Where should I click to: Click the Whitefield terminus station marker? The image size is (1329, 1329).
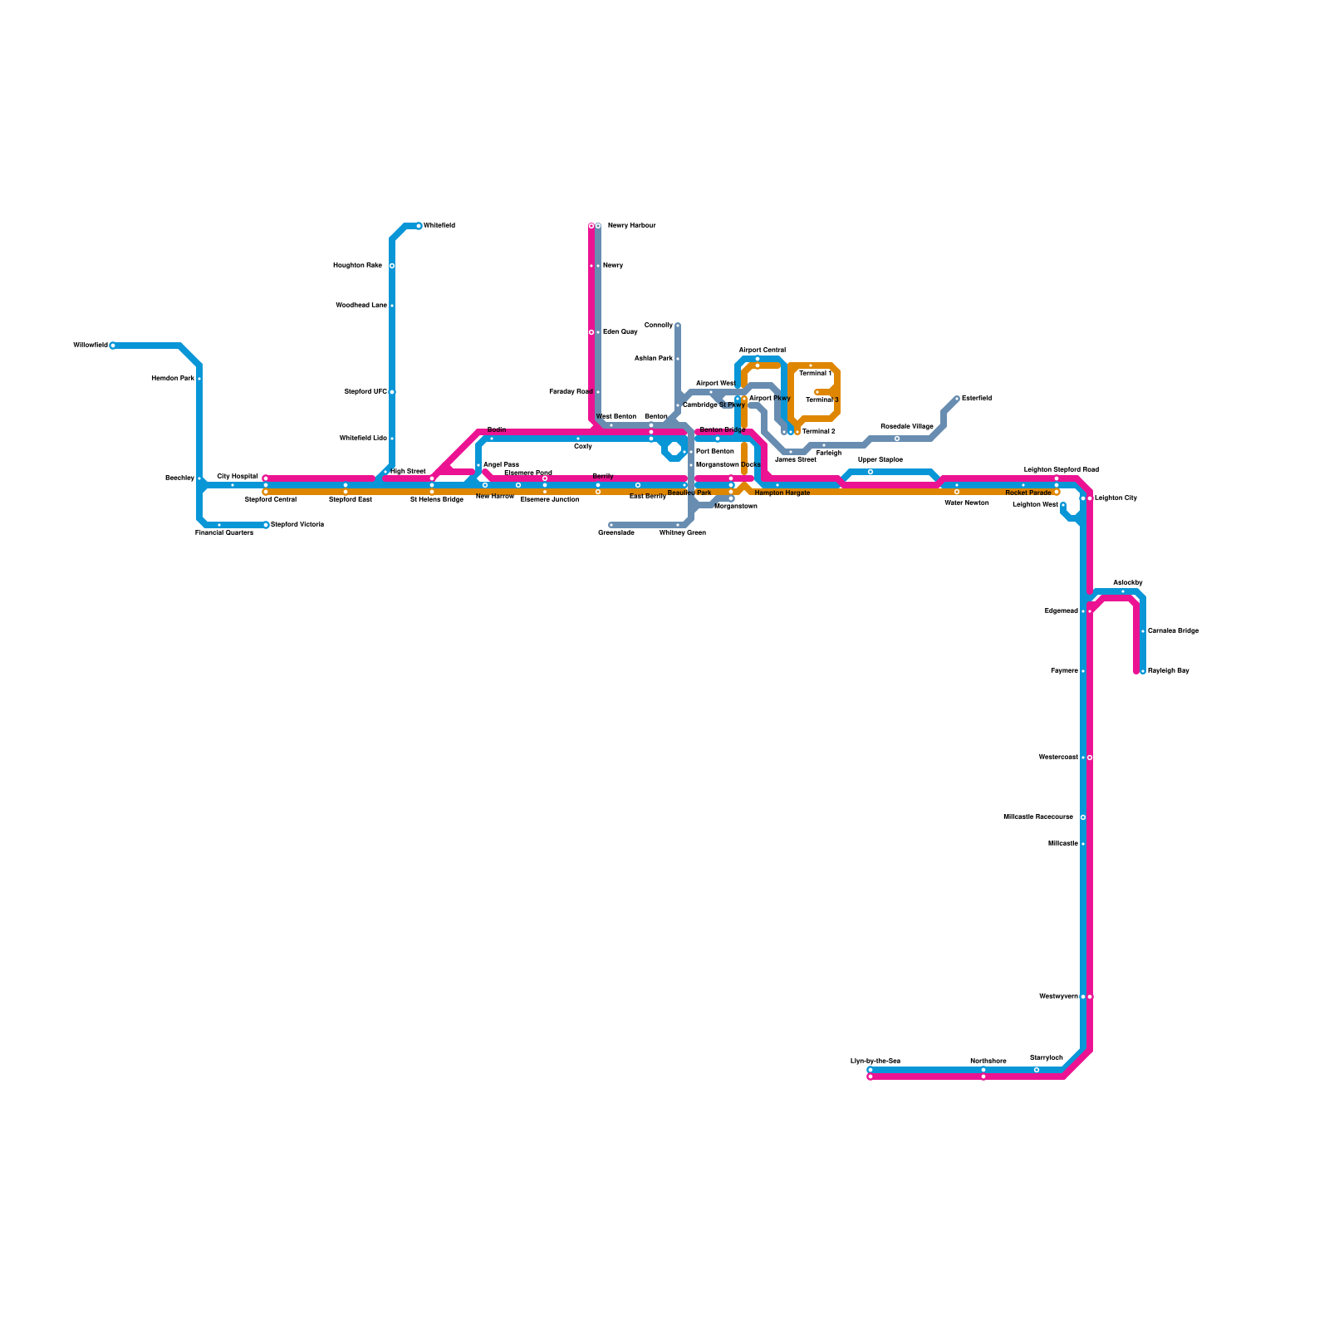[x=419, y=226]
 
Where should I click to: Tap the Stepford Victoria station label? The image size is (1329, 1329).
[x=297, y=525]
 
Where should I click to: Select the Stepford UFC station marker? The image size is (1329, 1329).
[x=392, y=392]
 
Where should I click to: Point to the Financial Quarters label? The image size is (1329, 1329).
[x=224, y=532]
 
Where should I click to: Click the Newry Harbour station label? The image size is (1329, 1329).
[x=631, y=226]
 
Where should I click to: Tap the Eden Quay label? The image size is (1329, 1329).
[x=620, y=332]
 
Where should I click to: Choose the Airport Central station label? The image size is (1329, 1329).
[x=762, y=351]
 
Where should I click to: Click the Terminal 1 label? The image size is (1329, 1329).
[x=816, y=374]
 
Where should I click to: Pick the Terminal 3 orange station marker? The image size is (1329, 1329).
[x=817, y=392]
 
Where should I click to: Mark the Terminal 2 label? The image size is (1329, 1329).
[x=819, y=432]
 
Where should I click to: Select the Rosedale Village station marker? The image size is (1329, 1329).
[x=897, y=439]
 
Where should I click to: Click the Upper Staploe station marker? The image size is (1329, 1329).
[x=870, y=472]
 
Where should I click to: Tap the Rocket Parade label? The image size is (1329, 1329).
[x=1028, y=493]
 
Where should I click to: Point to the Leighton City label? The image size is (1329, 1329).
[x=1116, y=498]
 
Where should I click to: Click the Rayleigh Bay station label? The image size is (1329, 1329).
[x=1168, y=671]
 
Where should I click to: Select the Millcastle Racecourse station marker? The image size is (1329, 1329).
[x=1083, y=817]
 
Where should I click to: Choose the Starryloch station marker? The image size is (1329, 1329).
[x=1037, y=1070]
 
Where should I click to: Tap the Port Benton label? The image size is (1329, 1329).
[x=714, y=452]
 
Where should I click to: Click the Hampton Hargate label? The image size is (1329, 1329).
[x=782, y=493]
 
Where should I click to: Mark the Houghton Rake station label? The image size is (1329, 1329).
[x=357, y=266]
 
